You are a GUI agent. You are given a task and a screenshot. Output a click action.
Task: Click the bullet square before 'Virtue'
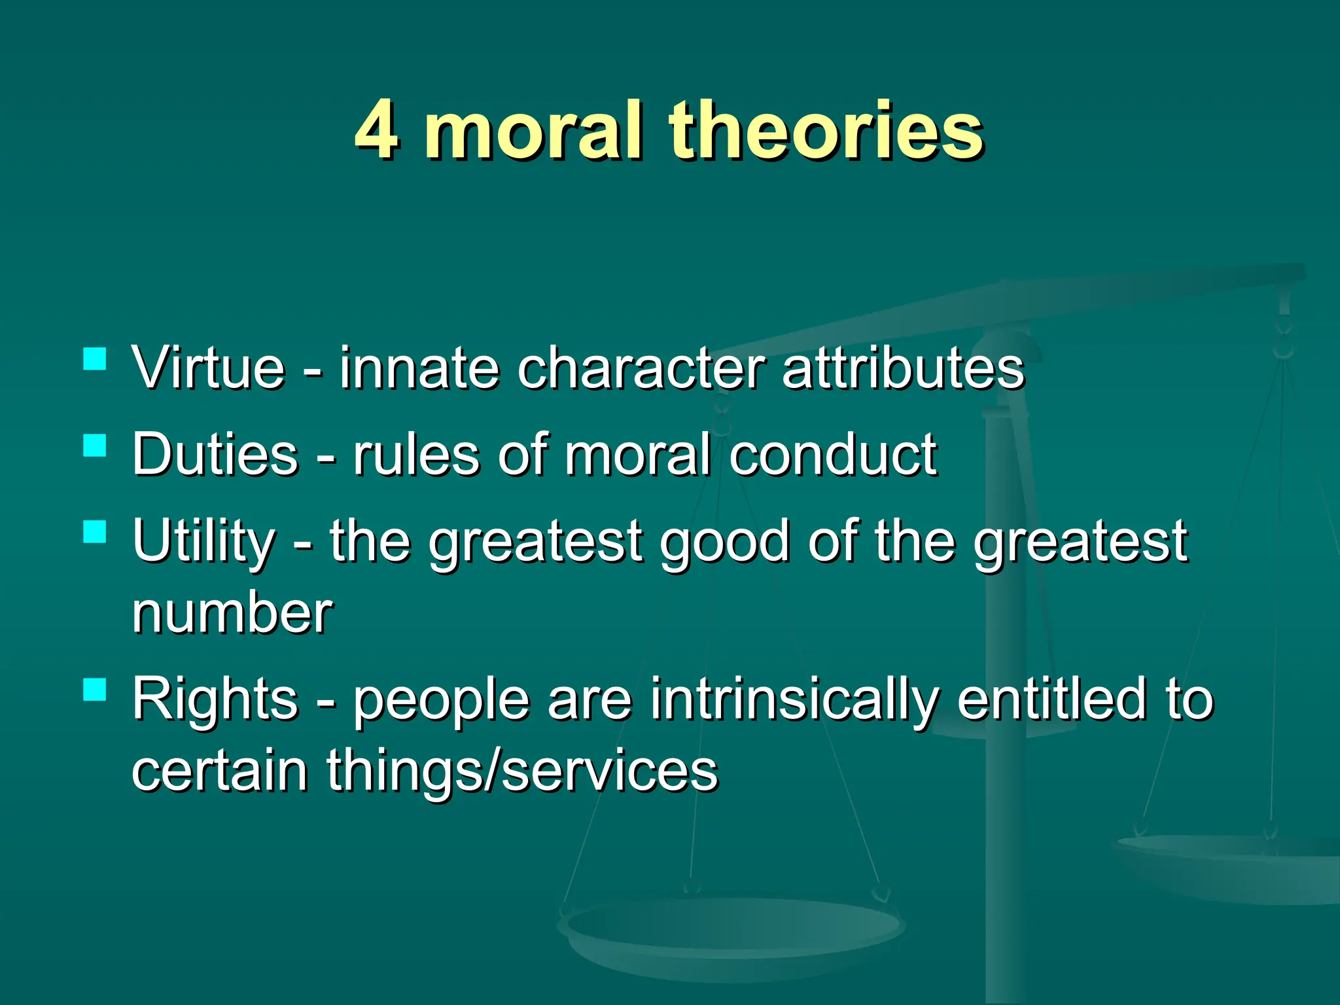point(96,359)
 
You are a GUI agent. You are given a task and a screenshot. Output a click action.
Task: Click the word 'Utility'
point(203,542)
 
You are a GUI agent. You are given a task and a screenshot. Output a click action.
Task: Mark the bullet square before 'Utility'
point(96,531)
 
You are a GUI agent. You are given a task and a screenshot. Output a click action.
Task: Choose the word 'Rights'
point(215,699)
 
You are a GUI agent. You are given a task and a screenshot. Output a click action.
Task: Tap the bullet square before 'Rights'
point(96,689)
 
